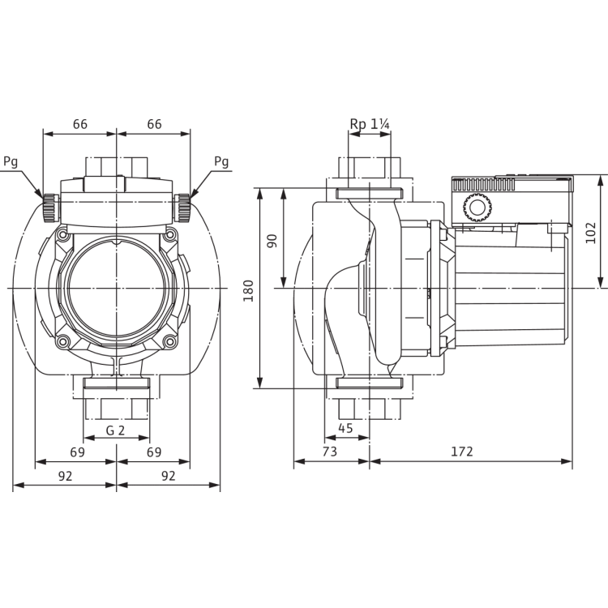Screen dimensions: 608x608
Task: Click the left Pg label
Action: coord(11,161)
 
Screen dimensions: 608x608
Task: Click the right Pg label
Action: coord(221,161)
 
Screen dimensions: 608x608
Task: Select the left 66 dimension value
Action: coord(80,124)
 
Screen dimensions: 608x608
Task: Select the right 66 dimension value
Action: coord(154,124)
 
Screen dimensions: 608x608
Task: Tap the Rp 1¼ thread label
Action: coord(370,124)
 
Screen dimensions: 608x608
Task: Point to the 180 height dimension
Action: coord(248,290)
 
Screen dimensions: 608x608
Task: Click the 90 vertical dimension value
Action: coord(272,241)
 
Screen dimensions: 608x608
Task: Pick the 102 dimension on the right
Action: coord(590,233)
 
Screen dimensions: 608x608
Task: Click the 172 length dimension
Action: coord(462,452)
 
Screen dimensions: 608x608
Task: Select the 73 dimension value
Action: coord(330,452)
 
